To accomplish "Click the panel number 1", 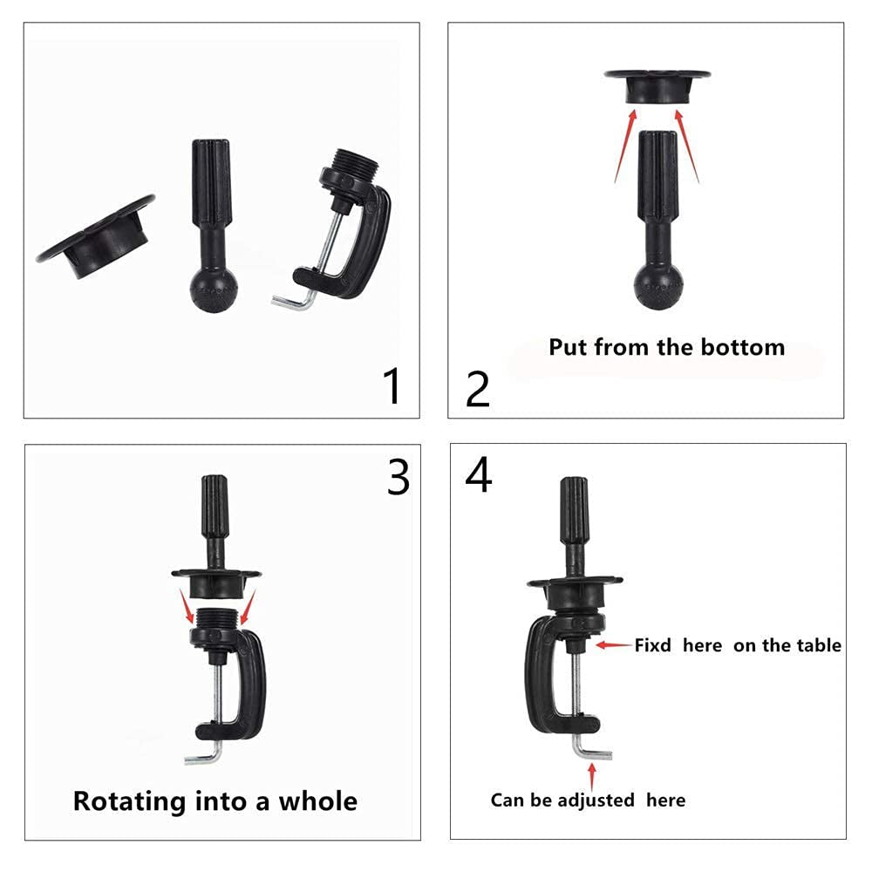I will pyautogui.click(x=393, y=385).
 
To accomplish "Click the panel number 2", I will pyautogui.click(x=478, y=390).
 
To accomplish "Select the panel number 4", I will pyautogui.click(x=479, y=475).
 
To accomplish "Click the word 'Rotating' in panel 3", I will pyautogui.click(x=129, y=800).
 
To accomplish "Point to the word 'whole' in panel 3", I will pyautogui.click(x=317, y=800).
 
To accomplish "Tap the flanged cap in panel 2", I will pyautogui.click(x=657, y=85).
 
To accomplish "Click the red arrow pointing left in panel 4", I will pyautogui.click(x=614, y=645).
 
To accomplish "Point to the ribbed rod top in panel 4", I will pyautogui.click(x=573, y=509).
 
